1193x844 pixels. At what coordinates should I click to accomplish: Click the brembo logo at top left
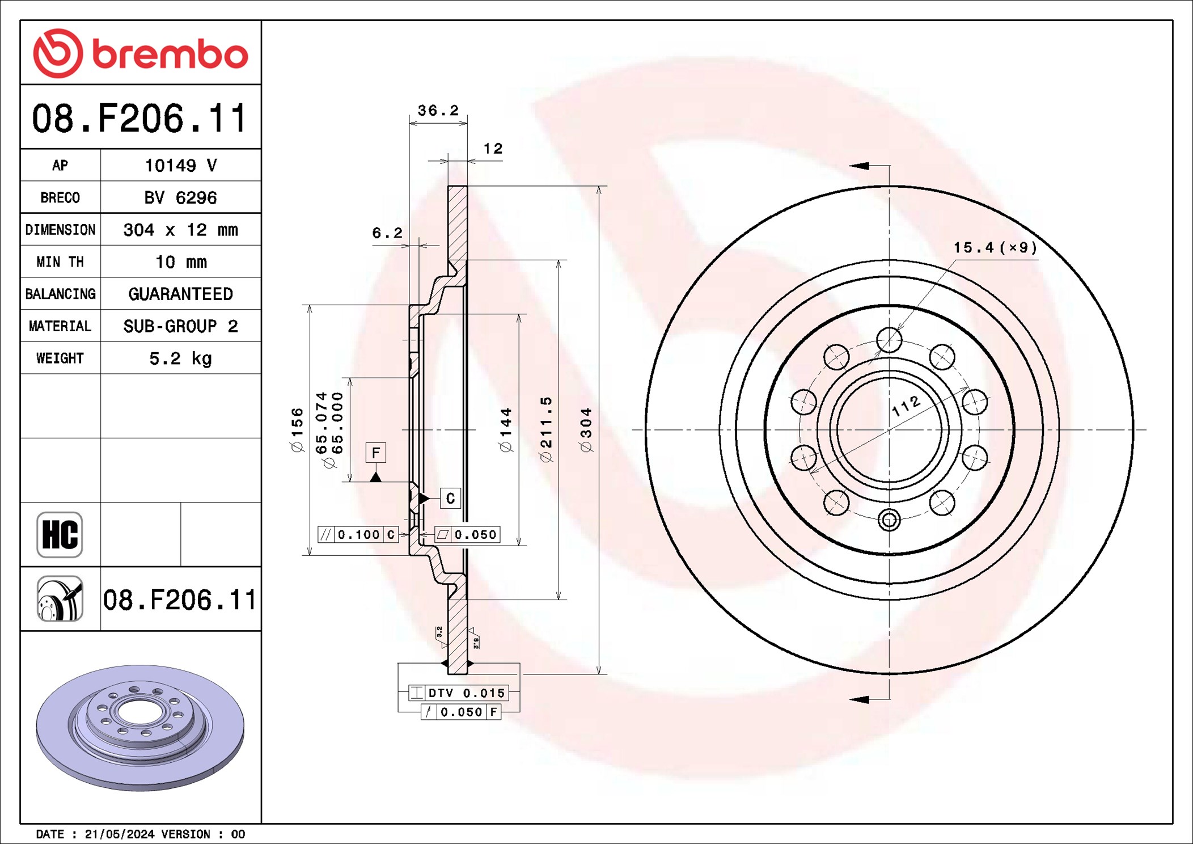point(140,53)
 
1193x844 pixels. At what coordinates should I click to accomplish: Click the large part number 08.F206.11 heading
point(139,118)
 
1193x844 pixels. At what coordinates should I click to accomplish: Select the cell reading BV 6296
point(180,197)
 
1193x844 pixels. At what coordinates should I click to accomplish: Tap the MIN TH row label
point(60,261)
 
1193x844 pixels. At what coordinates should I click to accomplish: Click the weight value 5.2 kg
point(180,358)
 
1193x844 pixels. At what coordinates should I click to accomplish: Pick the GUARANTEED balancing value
point(180,294)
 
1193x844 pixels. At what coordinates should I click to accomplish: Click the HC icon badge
point(60,534)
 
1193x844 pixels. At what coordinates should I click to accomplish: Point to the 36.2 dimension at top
point(438,111)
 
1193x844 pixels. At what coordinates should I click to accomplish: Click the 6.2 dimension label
point(387,233)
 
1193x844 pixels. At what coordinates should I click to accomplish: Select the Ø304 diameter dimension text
point(586,429)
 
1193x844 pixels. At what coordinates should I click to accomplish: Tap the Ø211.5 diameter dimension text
point(545,429)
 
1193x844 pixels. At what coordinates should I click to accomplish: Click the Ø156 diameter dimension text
point(297,429)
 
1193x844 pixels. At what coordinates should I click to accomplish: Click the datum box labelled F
point(375,453)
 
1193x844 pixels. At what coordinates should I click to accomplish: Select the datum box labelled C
point(450,498)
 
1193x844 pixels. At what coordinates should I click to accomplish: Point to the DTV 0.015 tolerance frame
point(458,693)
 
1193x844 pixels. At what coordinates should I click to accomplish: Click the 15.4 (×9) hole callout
point(995,248)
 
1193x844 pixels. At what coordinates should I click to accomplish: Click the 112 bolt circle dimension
point(906,406)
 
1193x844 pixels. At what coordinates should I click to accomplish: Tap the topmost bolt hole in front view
point(889,340)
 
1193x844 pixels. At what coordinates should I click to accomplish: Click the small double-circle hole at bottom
point(889,520)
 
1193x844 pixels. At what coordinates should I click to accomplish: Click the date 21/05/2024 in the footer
point(119,834)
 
